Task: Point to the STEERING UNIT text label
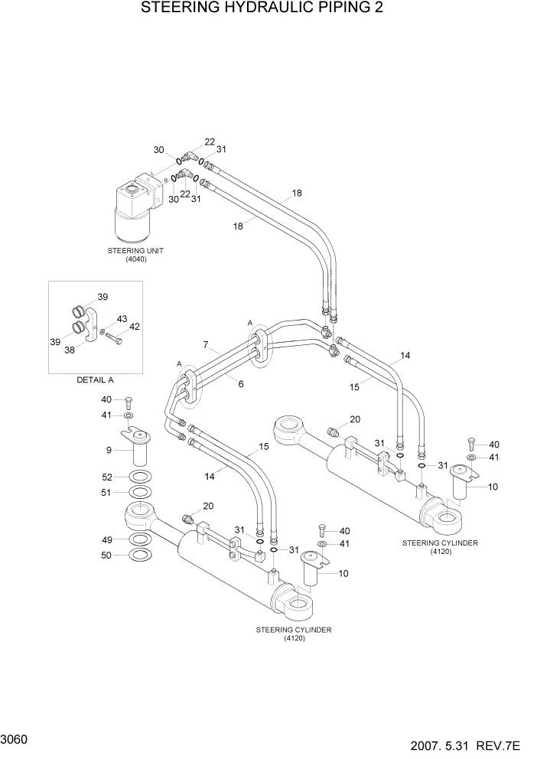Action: click(135, 250)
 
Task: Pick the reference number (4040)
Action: click(135, 259)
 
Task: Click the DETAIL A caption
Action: click(95, 379)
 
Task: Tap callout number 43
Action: click(122, 318)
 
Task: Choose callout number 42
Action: click(134, 327)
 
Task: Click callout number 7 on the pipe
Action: click(205, 346)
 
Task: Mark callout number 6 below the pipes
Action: click(240, 383)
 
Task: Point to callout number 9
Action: click(109, 449)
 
